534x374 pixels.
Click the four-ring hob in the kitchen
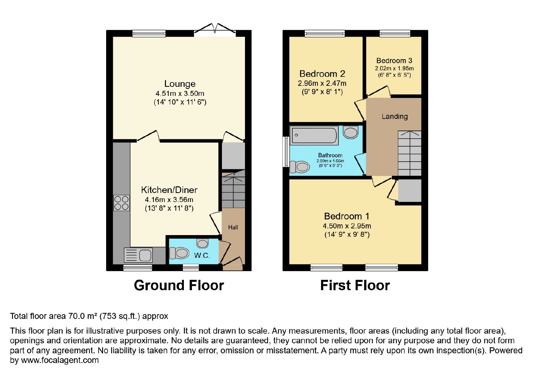click(121, 203)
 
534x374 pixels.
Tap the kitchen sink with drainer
click(138, 255)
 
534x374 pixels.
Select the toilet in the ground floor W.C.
click(179, 253)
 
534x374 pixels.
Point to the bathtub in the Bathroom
click(314, 136)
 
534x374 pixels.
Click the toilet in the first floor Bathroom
click(300, 167)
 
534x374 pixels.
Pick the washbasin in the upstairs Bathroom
click(351, 132)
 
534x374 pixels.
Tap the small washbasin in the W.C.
click(202, 243)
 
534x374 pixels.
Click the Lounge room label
click(180, 84)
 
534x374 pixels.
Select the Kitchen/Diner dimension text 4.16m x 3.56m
click(169, 200)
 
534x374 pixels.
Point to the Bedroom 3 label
click(394, 60)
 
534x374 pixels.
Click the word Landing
click(395, 117)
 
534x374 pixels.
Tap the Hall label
click(233, 227)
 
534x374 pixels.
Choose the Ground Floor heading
click(179, 285)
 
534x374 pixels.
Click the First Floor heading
click(355, 285)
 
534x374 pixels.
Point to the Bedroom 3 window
click(395, 34)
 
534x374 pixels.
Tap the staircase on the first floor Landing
click(410, 153)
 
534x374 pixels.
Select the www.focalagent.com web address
click(60, 360)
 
